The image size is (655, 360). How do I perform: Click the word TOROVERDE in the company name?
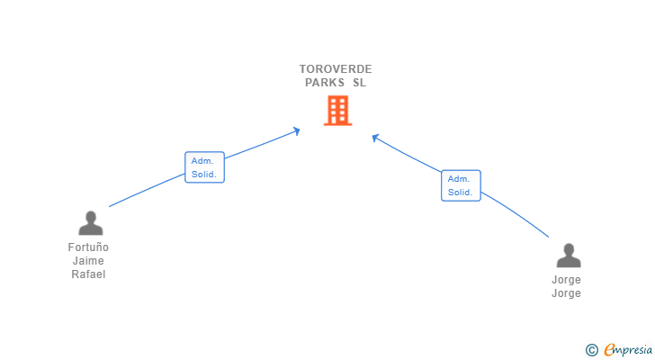point(336,69)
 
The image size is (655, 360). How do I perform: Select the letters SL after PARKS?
point(359,83)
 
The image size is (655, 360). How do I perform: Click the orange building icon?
point(336,110)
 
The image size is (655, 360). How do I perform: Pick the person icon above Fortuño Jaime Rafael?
point(90,222)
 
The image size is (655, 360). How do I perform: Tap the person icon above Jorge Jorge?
point(568,256)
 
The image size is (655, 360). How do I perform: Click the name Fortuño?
point(88,247)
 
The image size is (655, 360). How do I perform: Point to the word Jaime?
point(88,261)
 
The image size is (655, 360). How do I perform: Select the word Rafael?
point(88,274)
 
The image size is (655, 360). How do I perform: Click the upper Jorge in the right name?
point(566,280)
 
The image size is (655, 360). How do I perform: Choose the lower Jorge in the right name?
point(566,293)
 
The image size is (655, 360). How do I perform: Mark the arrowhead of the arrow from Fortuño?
point(296,131)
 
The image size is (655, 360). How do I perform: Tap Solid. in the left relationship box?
point(204,174)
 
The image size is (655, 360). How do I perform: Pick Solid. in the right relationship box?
point(461,192)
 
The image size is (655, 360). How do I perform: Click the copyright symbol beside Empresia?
point(591,350)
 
